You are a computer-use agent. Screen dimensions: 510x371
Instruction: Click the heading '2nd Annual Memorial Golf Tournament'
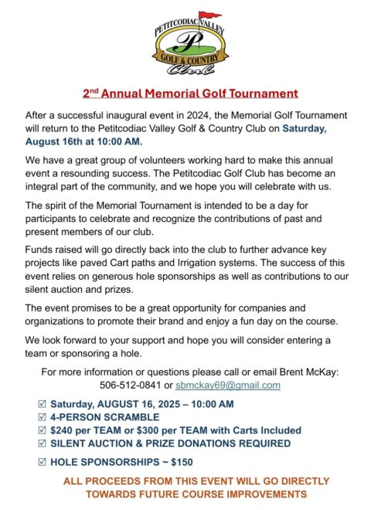tap(190, 93)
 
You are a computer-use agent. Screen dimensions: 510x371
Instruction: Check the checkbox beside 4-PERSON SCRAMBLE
tap(42, 417)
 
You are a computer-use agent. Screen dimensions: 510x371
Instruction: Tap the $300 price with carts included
tap(153, 430)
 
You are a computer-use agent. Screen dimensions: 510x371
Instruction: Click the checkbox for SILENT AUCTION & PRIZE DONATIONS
tap(42, 444)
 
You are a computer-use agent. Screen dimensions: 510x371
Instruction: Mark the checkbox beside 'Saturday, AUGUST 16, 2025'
tap(42, 404)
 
